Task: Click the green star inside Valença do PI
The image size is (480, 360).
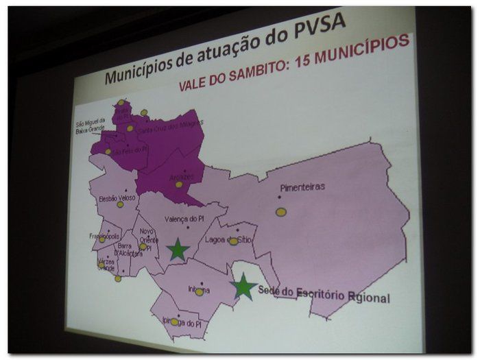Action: pyautogui.click(x=178, y=249)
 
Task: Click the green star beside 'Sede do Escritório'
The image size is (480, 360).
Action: pyautogui.click(x=243, y=287)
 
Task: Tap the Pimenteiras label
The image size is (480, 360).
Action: pyautogui.click(x=302, y=187)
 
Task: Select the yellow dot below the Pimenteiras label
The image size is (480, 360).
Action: pyautogui.click(x=281, y=212)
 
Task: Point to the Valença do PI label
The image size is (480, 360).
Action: pyautogui.click(x=185, y=219)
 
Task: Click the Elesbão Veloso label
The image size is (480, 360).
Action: pyautogui.click(x=118, y=197)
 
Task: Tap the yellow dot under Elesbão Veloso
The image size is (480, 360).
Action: pyautogui.click(x=120, y=204)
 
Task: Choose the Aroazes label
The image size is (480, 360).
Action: pyautogui.click(x=181, y=176)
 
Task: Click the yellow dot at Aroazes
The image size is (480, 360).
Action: pyautogui.click(x=179, y=184)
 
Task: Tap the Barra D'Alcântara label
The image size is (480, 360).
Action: pyautogui.click(x=129, y=250)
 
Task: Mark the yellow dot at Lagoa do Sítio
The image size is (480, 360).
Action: pyautogui.click(x=233, y=241)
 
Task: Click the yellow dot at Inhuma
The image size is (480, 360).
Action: pyautogui.click(x=199, y=292)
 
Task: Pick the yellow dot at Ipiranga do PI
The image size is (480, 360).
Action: pyautogui.click(x=175, y=321)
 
